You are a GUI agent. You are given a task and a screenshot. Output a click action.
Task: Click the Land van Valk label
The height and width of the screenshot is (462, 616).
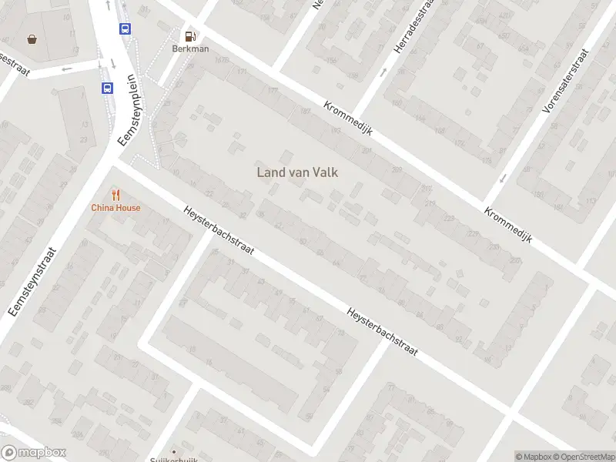tap(297, 173)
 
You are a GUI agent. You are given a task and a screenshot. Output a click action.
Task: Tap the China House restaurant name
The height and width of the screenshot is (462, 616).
tap(115, 208)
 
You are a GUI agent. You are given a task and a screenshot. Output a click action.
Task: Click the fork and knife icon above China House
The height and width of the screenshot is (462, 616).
tap(115, 194)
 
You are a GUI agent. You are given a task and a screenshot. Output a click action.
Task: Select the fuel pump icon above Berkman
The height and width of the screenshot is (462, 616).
tap(189, 35)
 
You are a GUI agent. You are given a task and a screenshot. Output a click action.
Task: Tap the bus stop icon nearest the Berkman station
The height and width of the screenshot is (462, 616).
tap(125, 28)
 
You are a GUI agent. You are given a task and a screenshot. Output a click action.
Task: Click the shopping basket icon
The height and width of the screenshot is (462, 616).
tap(32, 38)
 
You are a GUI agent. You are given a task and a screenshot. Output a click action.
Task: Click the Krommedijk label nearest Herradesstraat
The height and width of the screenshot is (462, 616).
tap(348, 119)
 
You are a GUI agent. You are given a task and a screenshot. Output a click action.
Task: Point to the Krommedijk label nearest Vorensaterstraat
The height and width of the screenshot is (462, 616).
tap(508, 225)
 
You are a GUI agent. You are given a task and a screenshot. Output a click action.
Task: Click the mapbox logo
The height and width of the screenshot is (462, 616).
tap(34, 453)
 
